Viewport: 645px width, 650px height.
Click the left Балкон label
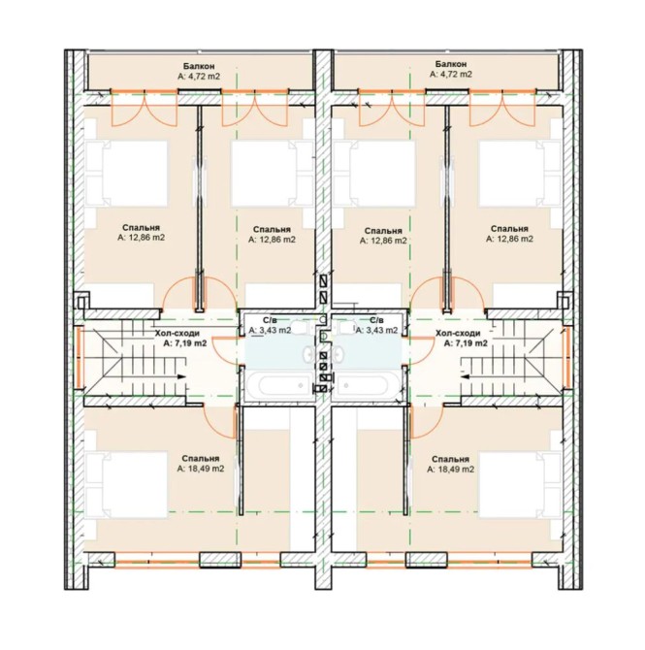pyautogui.click(x=199, y=66)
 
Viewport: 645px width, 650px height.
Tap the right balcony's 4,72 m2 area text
pyautogui.click(x=451, y=75)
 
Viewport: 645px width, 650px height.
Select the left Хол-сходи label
pyautogui.click(x=177, y=333)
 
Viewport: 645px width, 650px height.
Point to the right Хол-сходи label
pyautogui.click(x=458, y=333)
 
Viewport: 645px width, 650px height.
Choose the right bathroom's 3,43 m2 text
pyautogui.click(x=376, y=331)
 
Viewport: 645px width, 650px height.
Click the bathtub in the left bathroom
pyautogui.click(x=279, y=385)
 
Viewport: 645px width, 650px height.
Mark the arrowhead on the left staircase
pyautogui.click(x=180, y=376)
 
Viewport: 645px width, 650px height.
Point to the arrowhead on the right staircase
pyautogui.click(x=465, y=376)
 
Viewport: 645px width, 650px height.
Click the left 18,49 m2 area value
pyautogui.click(x=201, y=469)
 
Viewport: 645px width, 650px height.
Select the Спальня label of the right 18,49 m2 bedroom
pyautogui.click(x=450, y=459)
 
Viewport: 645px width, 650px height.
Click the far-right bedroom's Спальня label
pyautogui.click(x=509, y=229)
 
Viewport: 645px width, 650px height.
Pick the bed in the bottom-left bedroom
pyautogui.click(x=126, y=485)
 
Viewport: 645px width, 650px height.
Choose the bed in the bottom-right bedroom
pyautogui.click(x=520, y=485)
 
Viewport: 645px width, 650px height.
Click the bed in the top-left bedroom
pyautogui.click(x=126, y=174)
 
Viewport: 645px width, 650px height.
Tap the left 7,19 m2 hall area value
pyautogui.click(x=185, y=343)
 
